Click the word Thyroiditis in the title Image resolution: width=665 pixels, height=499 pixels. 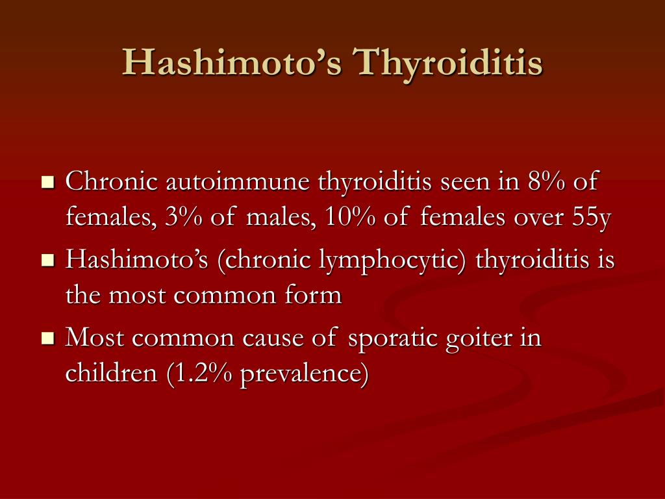pyautogui.click(x=447, y=64)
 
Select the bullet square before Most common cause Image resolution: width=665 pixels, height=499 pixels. pyautogui.click(x=47, y=339)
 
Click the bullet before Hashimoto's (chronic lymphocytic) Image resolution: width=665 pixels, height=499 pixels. pyautogui.click(x=47, y=261)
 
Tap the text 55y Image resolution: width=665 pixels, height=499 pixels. pyautogui.click(x=592, y=218)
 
